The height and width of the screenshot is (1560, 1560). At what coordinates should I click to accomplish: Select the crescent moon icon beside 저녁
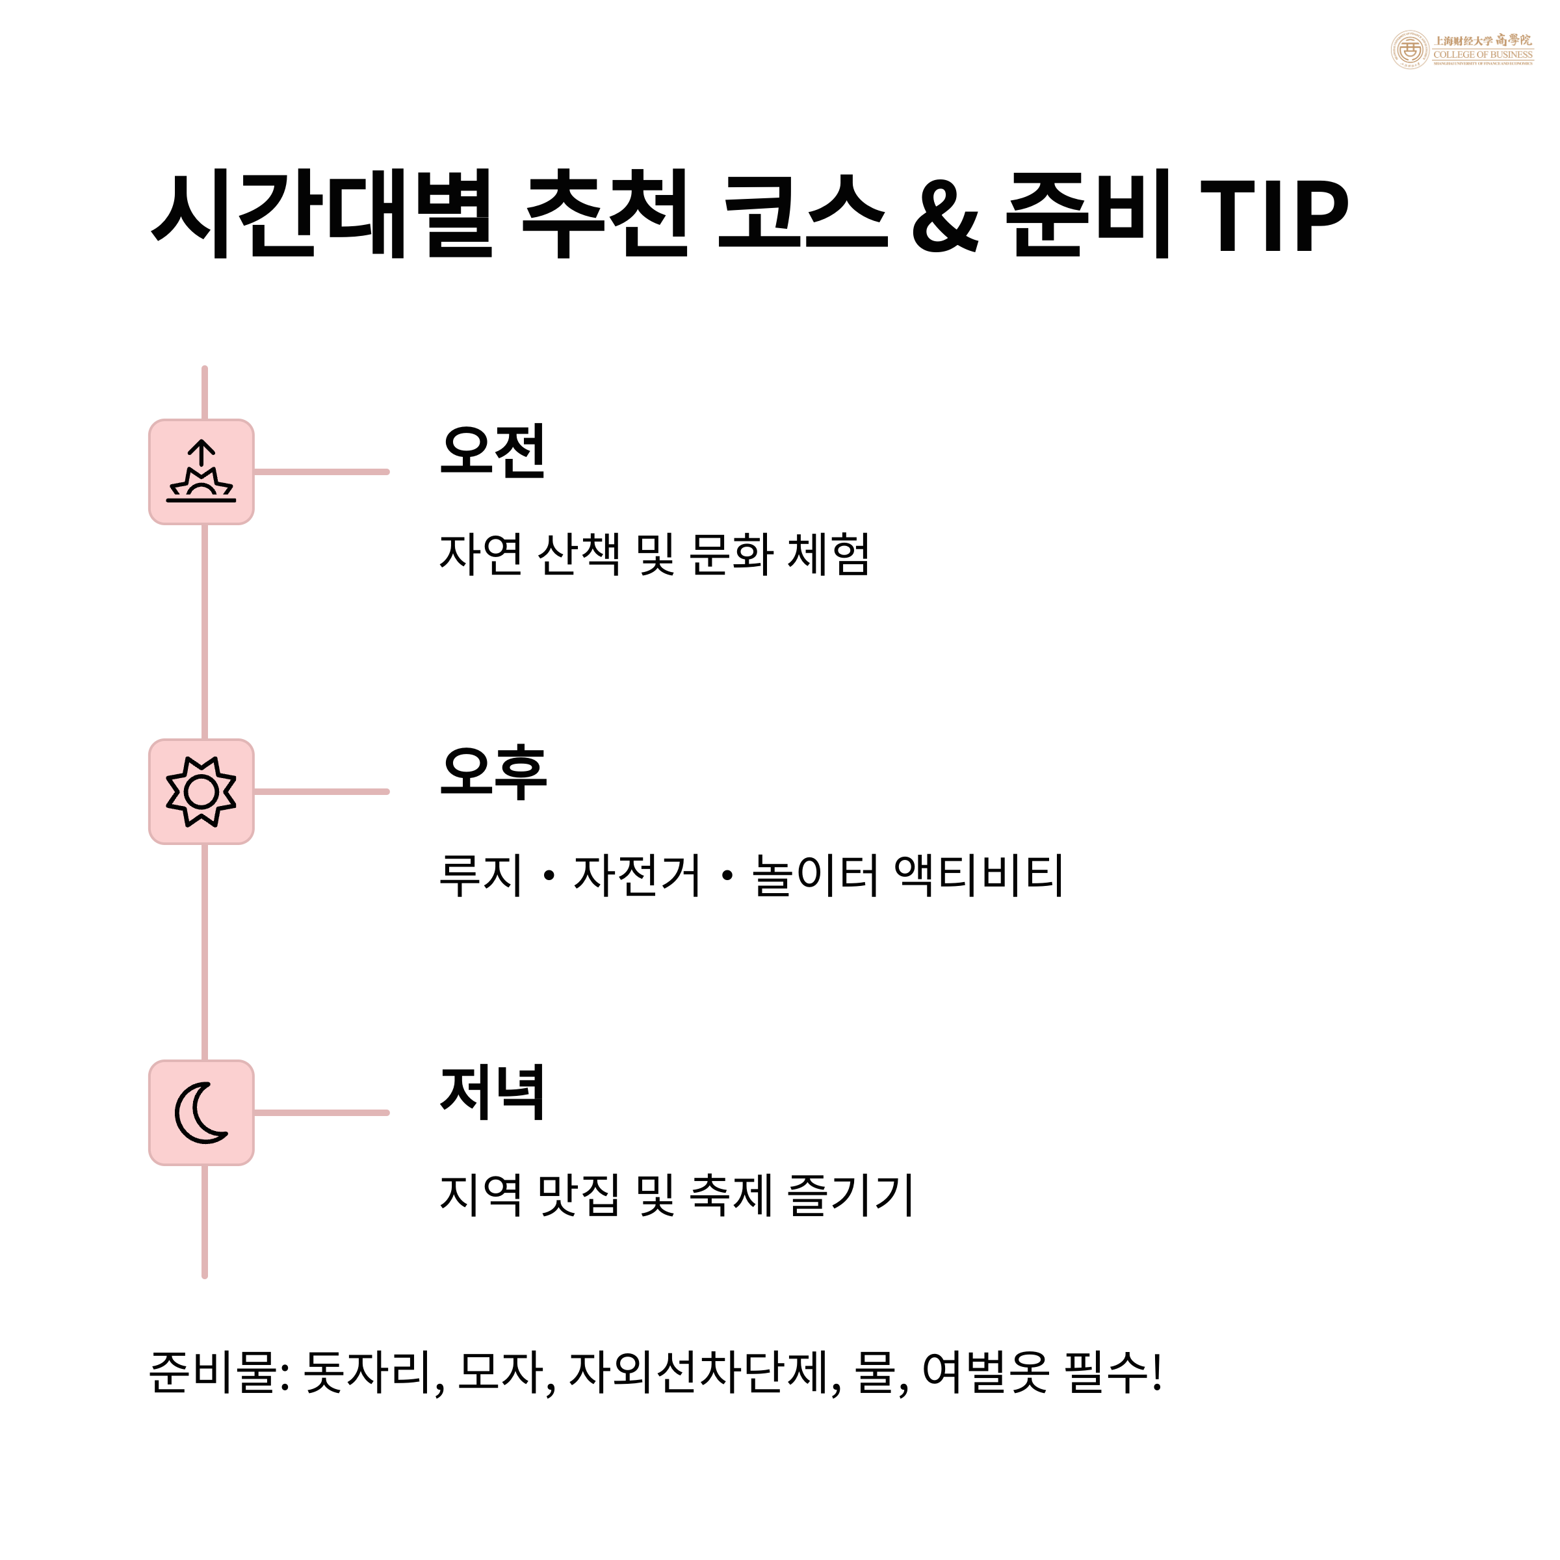[x=201, y=1113]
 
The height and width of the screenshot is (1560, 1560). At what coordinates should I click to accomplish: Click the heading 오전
[x=493, y=451]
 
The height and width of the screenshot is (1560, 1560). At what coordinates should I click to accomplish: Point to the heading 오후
[x=493, y=773]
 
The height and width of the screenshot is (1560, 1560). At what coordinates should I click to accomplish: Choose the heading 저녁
[x=493, y=1093]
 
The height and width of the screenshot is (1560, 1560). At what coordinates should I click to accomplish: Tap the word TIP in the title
[x=1273, y=214]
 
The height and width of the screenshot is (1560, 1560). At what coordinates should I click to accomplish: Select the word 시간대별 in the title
[x=321, y=214]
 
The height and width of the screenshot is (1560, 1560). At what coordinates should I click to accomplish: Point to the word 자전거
[x=637, y=876]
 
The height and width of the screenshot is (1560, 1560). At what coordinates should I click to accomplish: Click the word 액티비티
[x=980, y=876]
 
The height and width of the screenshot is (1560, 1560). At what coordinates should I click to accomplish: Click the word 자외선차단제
[x=699, y=1373]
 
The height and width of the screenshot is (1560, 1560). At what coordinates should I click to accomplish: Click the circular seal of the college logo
[x=1410, y=50]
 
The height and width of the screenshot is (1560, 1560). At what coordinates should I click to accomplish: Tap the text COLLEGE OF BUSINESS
[x=1483, y=55]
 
